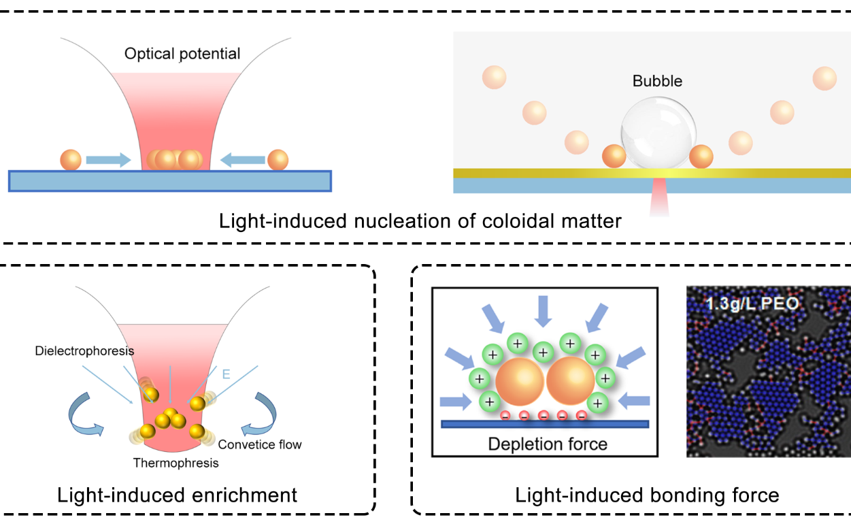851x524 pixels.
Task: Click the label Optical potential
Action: [x=182, y=53]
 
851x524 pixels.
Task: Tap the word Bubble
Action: [x=657, y=82]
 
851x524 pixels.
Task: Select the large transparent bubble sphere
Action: [x=658, y=131]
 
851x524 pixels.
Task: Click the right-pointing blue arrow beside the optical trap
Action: [x=110, y=161]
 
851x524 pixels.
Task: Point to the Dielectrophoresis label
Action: [x=85, y=351]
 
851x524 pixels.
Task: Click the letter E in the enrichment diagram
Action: [x=227, y=373]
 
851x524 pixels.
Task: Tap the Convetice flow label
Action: [x=260, y=444]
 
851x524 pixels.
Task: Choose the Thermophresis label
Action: [x=176, y=463]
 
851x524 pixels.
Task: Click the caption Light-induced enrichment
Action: [x=178, y=495]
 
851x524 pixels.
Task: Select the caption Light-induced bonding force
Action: [x=647, y=495]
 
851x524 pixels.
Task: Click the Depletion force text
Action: [x=548, y=444]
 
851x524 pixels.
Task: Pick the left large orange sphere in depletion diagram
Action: [x=520, y=384]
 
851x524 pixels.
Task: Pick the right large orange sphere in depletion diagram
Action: [x=570, y=384]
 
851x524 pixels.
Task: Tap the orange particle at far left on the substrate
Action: [x=71, y=160]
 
